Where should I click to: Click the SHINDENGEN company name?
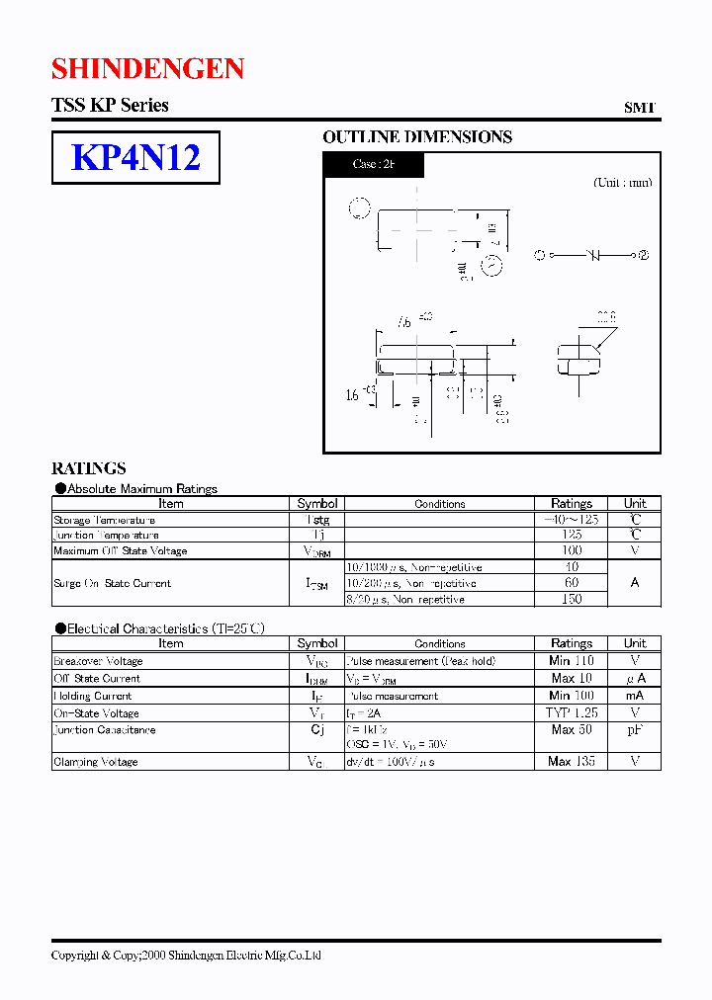pyautogui.click(x=147, y=67)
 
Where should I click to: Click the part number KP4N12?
pyautogui.click(x=135, y=157)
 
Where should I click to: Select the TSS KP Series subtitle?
pyautogui.click(x=110, y=105)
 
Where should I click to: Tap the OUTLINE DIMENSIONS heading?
pyautogui.click(x=417, y=137)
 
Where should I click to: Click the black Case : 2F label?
pyautogui.click(x=374, y=164)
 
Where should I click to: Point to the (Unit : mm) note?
pyautogui.click(x=622, y=183)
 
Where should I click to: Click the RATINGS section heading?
pyautogui.click(x=89, y=468)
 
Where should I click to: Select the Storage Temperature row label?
pyautogui.click(x=104, y=520)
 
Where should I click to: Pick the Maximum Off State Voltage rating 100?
pyautogui.click(x=572, y=550)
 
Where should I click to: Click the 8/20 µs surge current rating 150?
pyautogui.click(x=572, y=599)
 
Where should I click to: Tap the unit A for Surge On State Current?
pyautogui.click(x=635, y=583)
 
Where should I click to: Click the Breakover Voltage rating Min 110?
pyautogui.click(x=572, y=660)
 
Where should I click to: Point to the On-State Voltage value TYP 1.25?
pyautogui.click(x=572, y=712)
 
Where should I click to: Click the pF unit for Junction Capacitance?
pyautogui.click(x=635, y=730)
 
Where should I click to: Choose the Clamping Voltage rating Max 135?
pyautogui.click(x=572, y=762)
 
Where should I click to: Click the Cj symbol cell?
pyautogui.click(x=317, y=730)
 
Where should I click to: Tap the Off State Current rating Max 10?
pyautogui.click(x=572, y=678)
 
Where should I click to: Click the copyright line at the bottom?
pyautogui.click(x=186, y=955)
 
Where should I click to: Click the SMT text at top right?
pyautogui.click(x=639, y=108)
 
